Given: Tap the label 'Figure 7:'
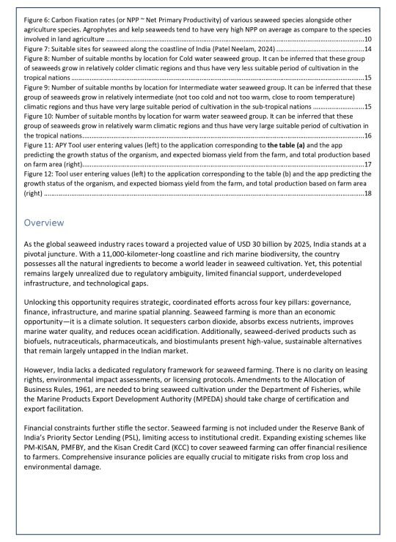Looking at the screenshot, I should pos(37,48).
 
